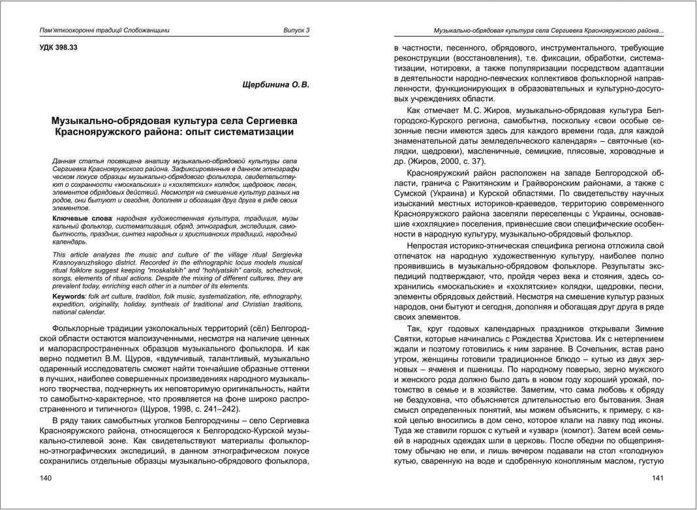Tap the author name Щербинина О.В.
tap(275, 85)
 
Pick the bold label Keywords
tap(69, 296)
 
